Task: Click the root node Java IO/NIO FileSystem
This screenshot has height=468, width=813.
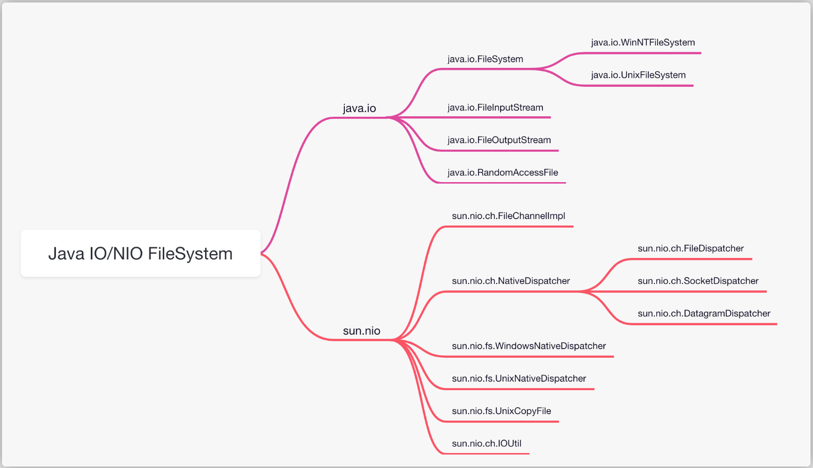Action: tap(140, 253)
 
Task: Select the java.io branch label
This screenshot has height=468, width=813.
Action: tap(359, 108)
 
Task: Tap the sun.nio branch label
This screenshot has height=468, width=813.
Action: tap(361, 330)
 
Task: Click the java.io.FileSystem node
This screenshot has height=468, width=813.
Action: tap(485, 59)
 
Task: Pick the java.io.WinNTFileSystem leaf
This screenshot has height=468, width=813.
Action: tap(643, 42)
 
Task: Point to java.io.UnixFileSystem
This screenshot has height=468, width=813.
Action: tap(638, 75)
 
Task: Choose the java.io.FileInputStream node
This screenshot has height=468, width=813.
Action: tap(496, 107)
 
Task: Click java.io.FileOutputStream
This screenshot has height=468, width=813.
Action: tap(499, 140)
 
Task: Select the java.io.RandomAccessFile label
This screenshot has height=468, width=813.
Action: tap(503, 172)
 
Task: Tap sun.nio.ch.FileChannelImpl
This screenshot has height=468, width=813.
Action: tap(509, 216)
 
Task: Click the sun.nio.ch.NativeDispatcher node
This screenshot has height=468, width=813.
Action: tap(511, 281)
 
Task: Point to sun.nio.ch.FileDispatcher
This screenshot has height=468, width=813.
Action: tap(691, 248)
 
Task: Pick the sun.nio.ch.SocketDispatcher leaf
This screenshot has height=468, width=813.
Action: tap(698, 281)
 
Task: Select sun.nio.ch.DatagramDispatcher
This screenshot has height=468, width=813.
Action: tap(704, 313)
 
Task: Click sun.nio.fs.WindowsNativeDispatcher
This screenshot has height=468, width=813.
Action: tap(529, 346)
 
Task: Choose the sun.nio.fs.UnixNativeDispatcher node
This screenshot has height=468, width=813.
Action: tap(519, 378)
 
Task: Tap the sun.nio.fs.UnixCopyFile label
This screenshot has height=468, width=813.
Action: tap(501, 411)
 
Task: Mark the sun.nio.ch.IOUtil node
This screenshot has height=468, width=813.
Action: tap(486, 444)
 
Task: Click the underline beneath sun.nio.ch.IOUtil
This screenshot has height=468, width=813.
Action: tap(486, 454)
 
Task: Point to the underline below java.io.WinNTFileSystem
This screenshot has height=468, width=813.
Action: tap(641, 53)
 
